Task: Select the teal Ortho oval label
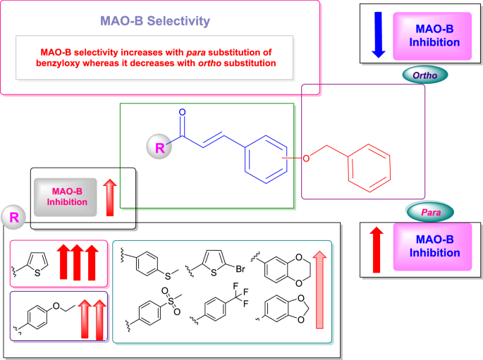tap(425, 74)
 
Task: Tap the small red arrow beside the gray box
tap(109, 197)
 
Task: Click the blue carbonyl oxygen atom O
tap(183, 112)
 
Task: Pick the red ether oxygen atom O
tap(306, 158)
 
